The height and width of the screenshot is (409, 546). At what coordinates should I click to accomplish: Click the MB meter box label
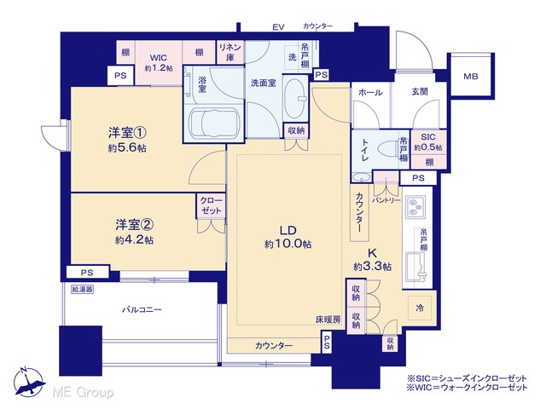point(470,76)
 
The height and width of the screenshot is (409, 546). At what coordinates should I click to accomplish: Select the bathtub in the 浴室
point(214,123)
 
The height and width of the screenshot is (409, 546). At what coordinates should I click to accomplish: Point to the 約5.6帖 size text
point(127,148)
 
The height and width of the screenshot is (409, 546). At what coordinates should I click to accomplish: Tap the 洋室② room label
point(135,225)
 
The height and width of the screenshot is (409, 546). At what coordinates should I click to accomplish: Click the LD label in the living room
point(288,230)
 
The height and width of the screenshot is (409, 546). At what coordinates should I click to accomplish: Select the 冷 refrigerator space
point(420,308)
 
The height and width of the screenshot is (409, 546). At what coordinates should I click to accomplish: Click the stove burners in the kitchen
point(415,207)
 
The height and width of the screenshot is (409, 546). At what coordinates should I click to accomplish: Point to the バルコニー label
point(142,309)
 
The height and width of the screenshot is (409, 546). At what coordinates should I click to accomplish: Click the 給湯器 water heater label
point(82,289)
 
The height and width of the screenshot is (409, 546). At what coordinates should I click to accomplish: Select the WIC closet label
point(159,58)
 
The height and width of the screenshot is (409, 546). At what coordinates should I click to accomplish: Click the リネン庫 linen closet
point(230,52)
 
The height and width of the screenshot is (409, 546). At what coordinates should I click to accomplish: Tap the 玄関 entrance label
point(420,91)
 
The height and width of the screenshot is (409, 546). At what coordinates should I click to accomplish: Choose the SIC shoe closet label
point(428,136)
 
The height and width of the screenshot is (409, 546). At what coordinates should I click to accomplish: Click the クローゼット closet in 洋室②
point(211,206)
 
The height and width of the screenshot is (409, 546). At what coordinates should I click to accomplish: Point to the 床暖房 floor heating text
point(328,320)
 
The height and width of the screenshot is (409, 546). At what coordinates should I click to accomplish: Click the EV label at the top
point(278,26)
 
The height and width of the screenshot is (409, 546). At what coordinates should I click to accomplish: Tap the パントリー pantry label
point(386,201)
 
